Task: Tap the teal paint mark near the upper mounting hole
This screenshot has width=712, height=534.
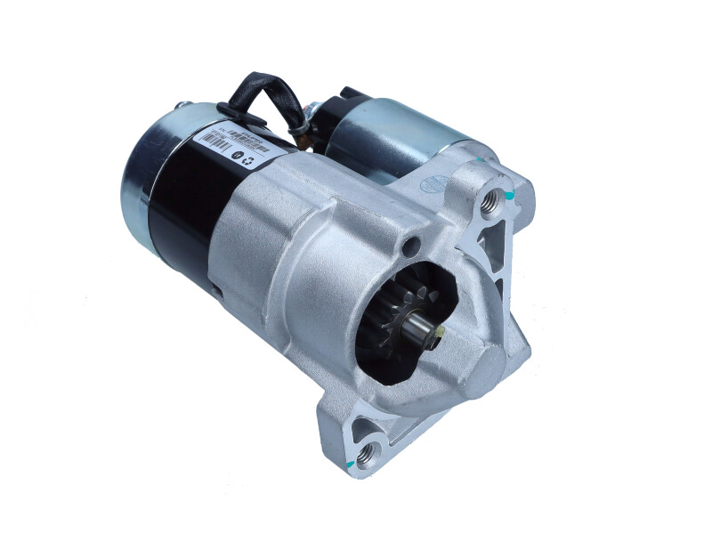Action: pyautogui.click(x=508, y=193)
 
